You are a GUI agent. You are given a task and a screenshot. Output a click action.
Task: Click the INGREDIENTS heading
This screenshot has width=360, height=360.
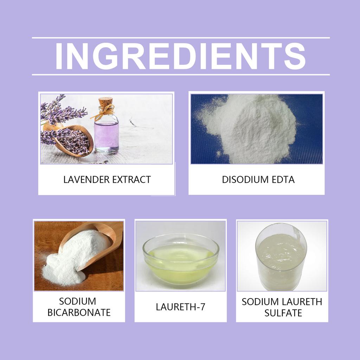180,56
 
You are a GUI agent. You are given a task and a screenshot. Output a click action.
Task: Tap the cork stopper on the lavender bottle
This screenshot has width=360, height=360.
105,102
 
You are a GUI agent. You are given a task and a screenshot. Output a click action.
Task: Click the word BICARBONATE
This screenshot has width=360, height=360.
79,312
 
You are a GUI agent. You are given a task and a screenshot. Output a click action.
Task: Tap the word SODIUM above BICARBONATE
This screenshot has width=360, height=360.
77,301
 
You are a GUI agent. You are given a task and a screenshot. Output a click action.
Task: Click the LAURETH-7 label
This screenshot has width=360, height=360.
180,307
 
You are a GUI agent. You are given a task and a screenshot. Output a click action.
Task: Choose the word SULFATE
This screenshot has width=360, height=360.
283,313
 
